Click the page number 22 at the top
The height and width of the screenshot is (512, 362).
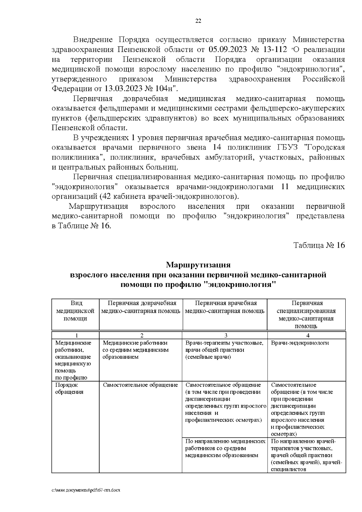[x=198, y=21]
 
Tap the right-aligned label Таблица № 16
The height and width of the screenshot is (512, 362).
[x=319, y=245]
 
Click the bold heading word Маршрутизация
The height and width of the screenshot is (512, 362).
[x=198, y=265]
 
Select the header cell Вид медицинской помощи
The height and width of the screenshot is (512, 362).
[x=75, y=311]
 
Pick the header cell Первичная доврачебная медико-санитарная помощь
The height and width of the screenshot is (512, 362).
[x=141, y=307]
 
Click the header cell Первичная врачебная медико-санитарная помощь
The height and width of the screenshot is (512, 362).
[x=225, y=307]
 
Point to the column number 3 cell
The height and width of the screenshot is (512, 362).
[x=225, y=335]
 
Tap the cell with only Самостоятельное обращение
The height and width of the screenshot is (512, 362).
[x=140, y=385]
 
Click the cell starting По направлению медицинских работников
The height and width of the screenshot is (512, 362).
[x=225, y=448]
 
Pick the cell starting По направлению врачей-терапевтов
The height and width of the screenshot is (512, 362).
[x=306, y=455]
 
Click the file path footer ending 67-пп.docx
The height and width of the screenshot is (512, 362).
[x=86, y=490]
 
